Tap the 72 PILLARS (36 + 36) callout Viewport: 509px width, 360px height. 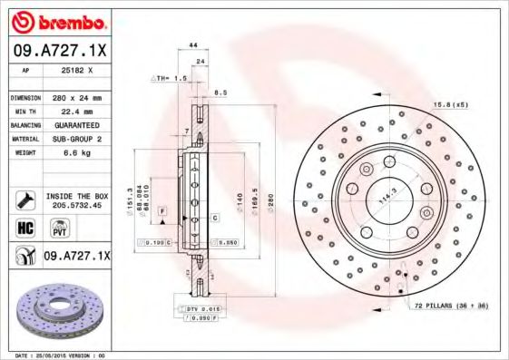(x=451, y=307)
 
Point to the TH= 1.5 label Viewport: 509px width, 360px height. (x=171, y=79)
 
